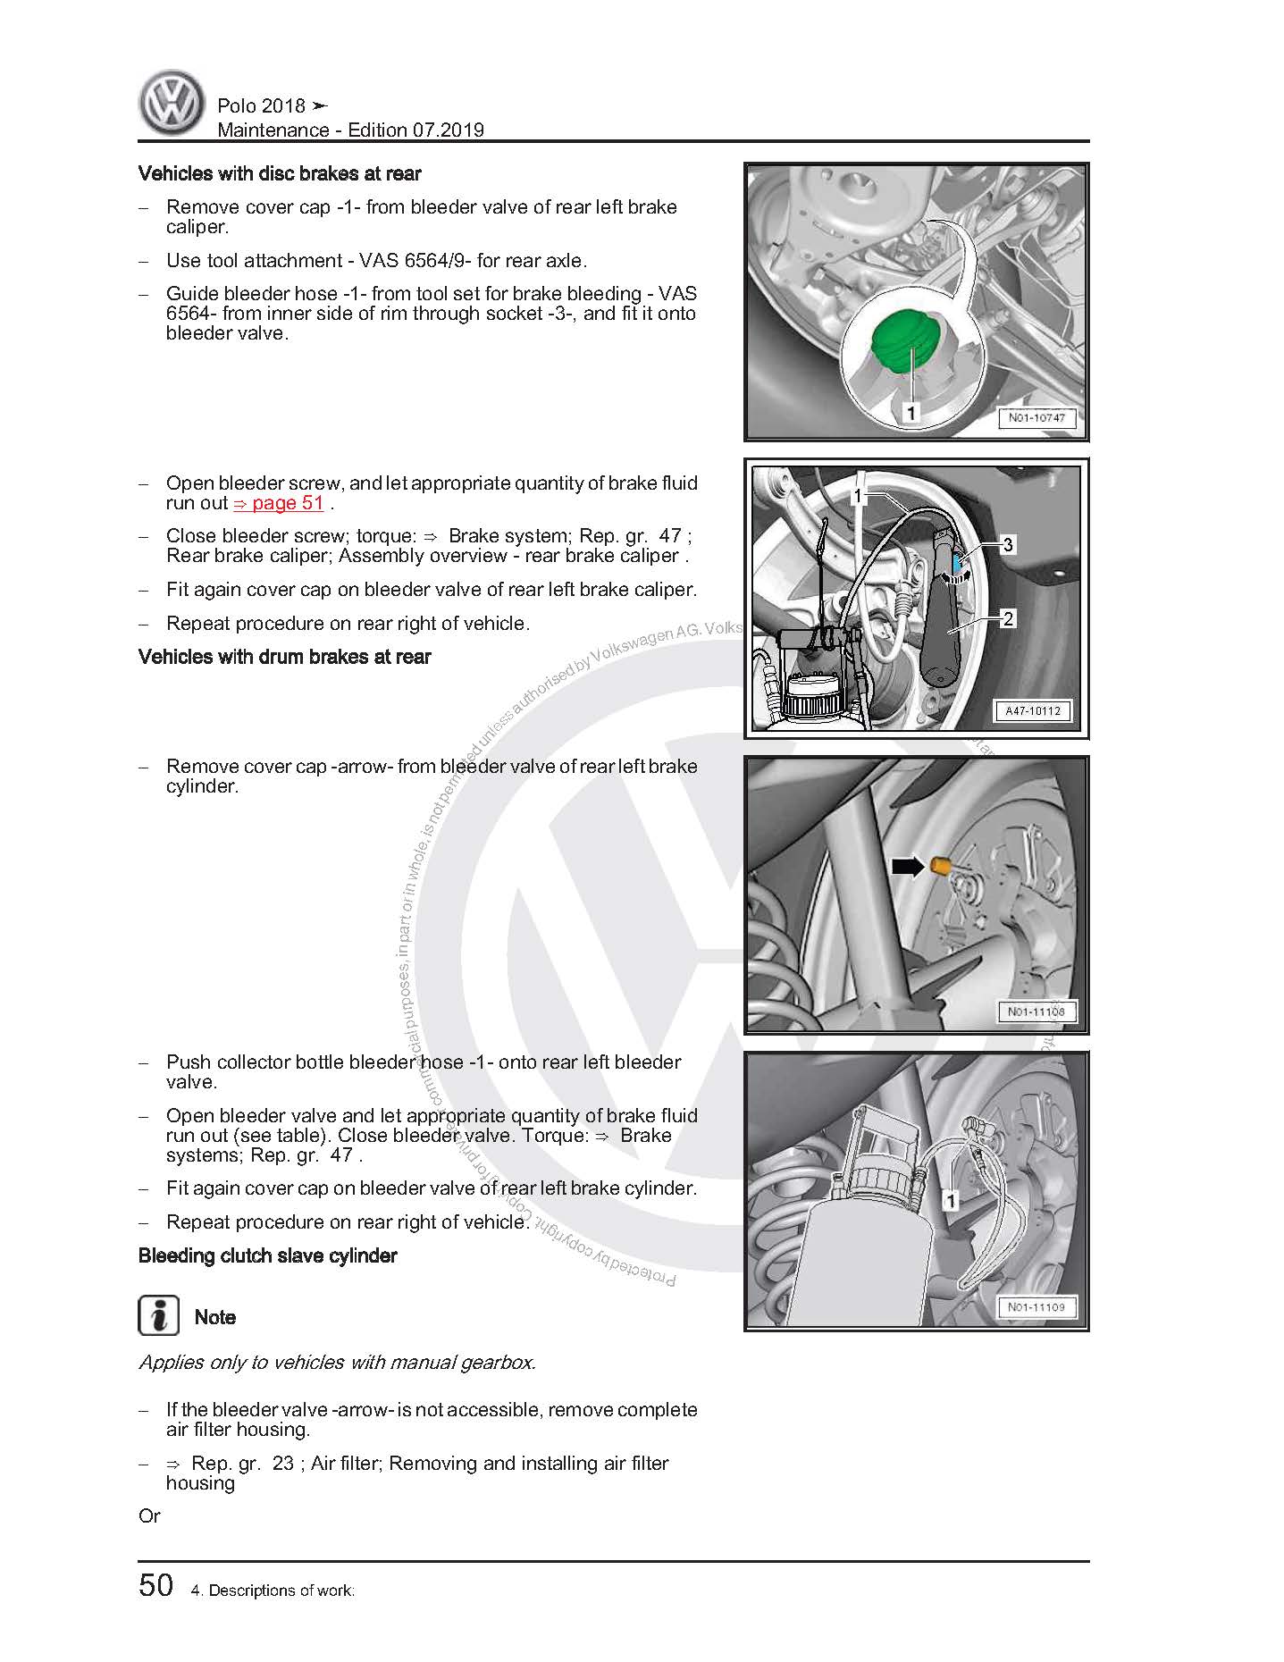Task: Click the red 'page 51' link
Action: point(279,503)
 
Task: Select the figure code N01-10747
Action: point(1036,417)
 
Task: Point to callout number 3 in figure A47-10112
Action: point(1008,544)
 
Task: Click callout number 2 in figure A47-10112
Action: point(1008,618)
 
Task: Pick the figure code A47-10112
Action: point(1033,711)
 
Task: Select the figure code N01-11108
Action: point(1036,1011)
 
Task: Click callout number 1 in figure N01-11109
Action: point(951,1201)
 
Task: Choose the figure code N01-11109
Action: point(1036,1307)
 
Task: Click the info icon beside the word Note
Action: point(158,1315)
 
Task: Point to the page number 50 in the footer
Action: point(156,1585)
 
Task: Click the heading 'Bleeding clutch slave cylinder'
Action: point(267,1255)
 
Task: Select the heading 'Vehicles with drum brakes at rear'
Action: point(284,657)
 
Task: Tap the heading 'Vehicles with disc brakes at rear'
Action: point(280,173)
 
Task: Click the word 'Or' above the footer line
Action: point(149,1515)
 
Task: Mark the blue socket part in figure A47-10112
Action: point(958,564)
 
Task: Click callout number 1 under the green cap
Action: point(911,412)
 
